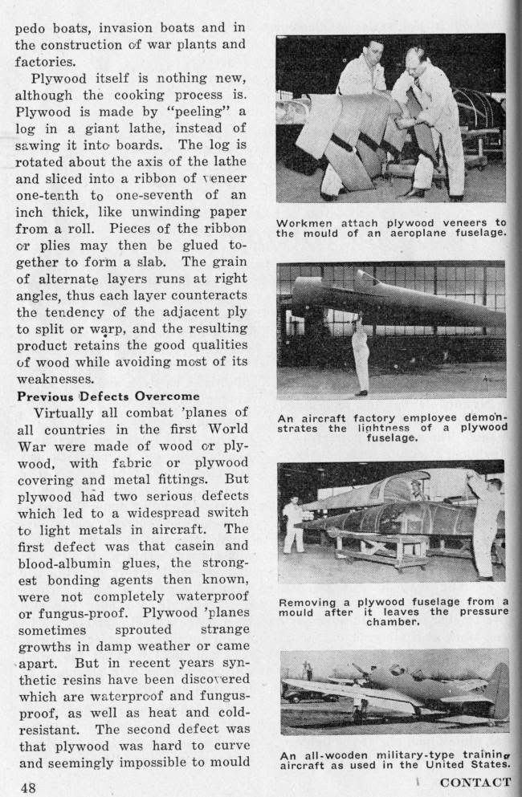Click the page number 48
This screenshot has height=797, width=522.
(28, 787)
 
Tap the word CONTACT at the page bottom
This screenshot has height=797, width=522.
(475, 782)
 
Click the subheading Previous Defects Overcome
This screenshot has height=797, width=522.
(108, 396)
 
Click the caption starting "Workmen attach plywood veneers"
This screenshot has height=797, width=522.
(391, 228)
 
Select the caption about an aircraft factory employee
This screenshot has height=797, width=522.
(393, 428)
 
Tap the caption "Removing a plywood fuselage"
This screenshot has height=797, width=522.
(393, 611)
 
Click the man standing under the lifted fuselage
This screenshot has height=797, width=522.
(361, 354)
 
